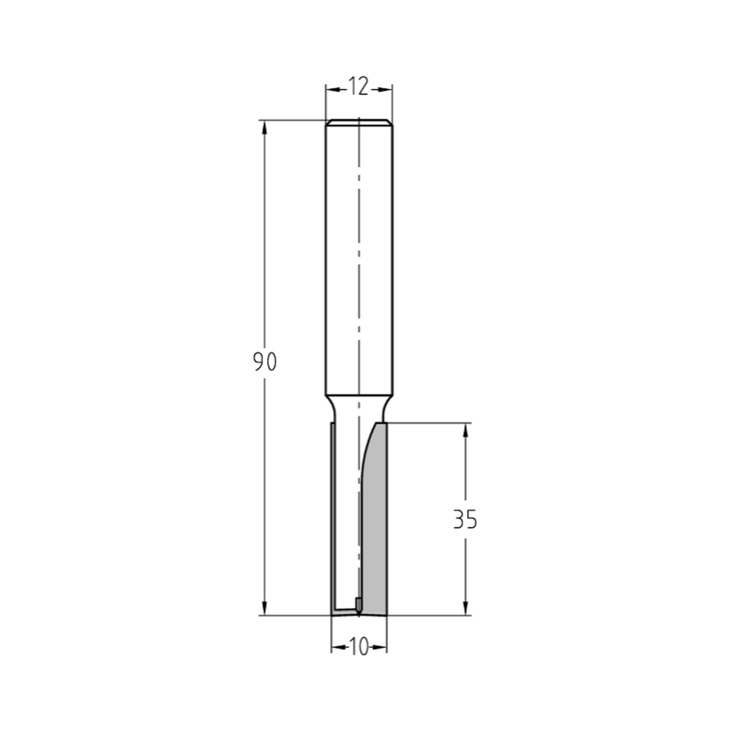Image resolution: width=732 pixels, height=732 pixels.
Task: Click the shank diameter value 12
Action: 359,88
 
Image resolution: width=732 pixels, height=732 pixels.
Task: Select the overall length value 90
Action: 265,362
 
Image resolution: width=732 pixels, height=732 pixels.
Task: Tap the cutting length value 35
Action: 465,520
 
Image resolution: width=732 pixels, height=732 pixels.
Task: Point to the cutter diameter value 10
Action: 359,647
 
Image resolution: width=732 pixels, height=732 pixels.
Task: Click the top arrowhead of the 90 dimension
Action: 265,127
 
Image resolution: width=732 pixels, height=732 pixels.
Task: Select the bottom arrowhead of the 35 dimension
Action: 466,608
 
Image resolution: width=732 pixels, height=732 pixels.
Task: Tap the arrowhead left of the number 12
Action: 332,89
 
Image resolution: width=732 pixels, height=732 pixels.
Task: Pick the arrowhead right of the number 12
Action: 386,89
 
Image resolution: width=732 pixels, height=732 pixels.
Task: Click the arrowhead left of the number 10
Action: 337,647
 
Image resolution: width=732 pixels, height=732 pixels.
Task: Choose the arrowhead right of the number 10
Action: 381,647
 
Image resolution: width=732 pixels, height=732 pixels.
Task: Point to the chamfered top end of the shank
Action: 359,122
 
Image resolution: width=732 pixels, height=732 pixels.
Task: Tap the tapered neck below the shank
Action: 359,407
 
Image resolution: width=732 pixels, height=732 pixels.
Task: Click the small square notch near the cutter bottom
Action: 358,603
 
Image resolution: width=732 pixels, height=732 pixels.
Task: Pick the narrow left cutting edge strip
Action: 333,512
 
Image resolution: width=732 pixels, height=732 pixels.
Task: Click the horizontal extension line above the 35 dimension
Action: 432,422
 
